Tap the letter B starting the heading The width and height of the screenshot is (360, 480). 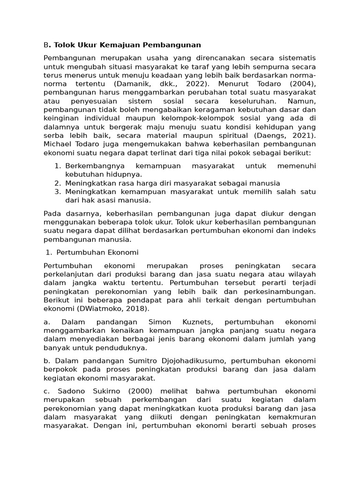(x=46, y=45)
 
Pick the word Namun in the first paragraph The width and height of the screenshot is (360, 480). (x=301, y=101)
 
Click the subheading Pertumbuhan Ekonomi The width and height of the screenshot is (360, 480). (x=97, y=252)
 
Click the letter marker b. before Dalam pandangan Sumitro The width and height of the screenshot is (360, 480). (x=47, y=360)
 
